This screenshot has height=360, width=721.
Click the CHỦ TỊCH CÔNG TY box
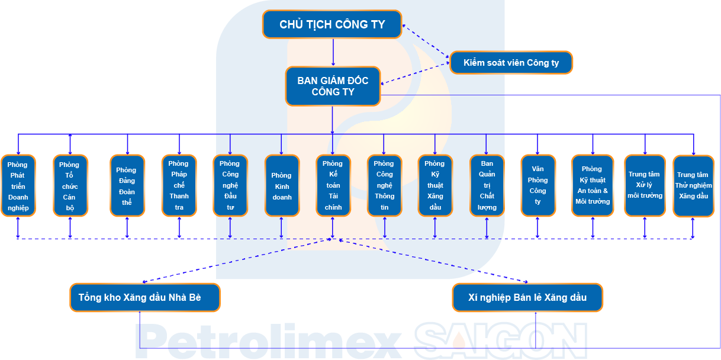332,24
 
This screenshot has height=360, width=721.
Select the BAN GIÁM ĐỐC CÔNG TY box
333,86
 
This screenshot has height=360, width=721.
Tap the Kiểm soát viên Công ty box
511,63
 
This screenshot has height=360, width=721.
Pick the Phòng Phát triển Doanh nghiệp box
18,185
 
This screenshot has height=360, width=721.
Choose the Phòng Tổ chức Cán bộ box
70,185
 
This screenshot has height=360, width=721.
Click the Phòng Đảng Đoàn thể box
127,185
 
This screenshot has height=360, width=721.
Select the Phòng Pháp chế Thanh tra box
179,185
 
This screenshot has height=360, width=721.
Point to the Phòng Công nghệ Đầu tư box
230,185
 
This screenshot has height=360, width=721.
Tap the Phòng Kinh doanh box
282,185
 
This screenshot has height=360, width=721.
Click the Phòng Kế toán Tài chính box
333,185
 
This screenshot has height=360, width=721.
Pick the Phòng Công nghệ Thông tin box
384,185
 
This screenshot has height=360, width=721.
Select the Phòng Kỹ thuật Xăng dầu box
435,185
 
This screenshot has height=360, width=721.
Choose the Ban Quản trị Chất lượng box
487,185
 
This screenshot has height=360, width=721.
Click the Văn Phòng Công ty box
538,185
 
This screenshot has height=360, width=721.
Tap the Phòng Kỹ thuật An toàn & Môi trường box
593,185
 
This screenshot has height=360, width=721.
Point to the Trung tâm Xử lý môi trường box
645,185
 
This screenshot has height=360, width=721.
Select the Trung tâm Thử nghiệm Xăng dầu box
694,186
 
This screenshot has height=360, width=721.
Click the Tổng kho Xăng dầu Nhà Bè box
145,297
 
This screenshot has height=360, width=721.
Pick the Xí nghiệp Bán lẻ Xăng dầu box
527,297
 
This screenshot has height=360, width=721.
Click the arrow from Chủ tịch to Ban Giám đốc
333,53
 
